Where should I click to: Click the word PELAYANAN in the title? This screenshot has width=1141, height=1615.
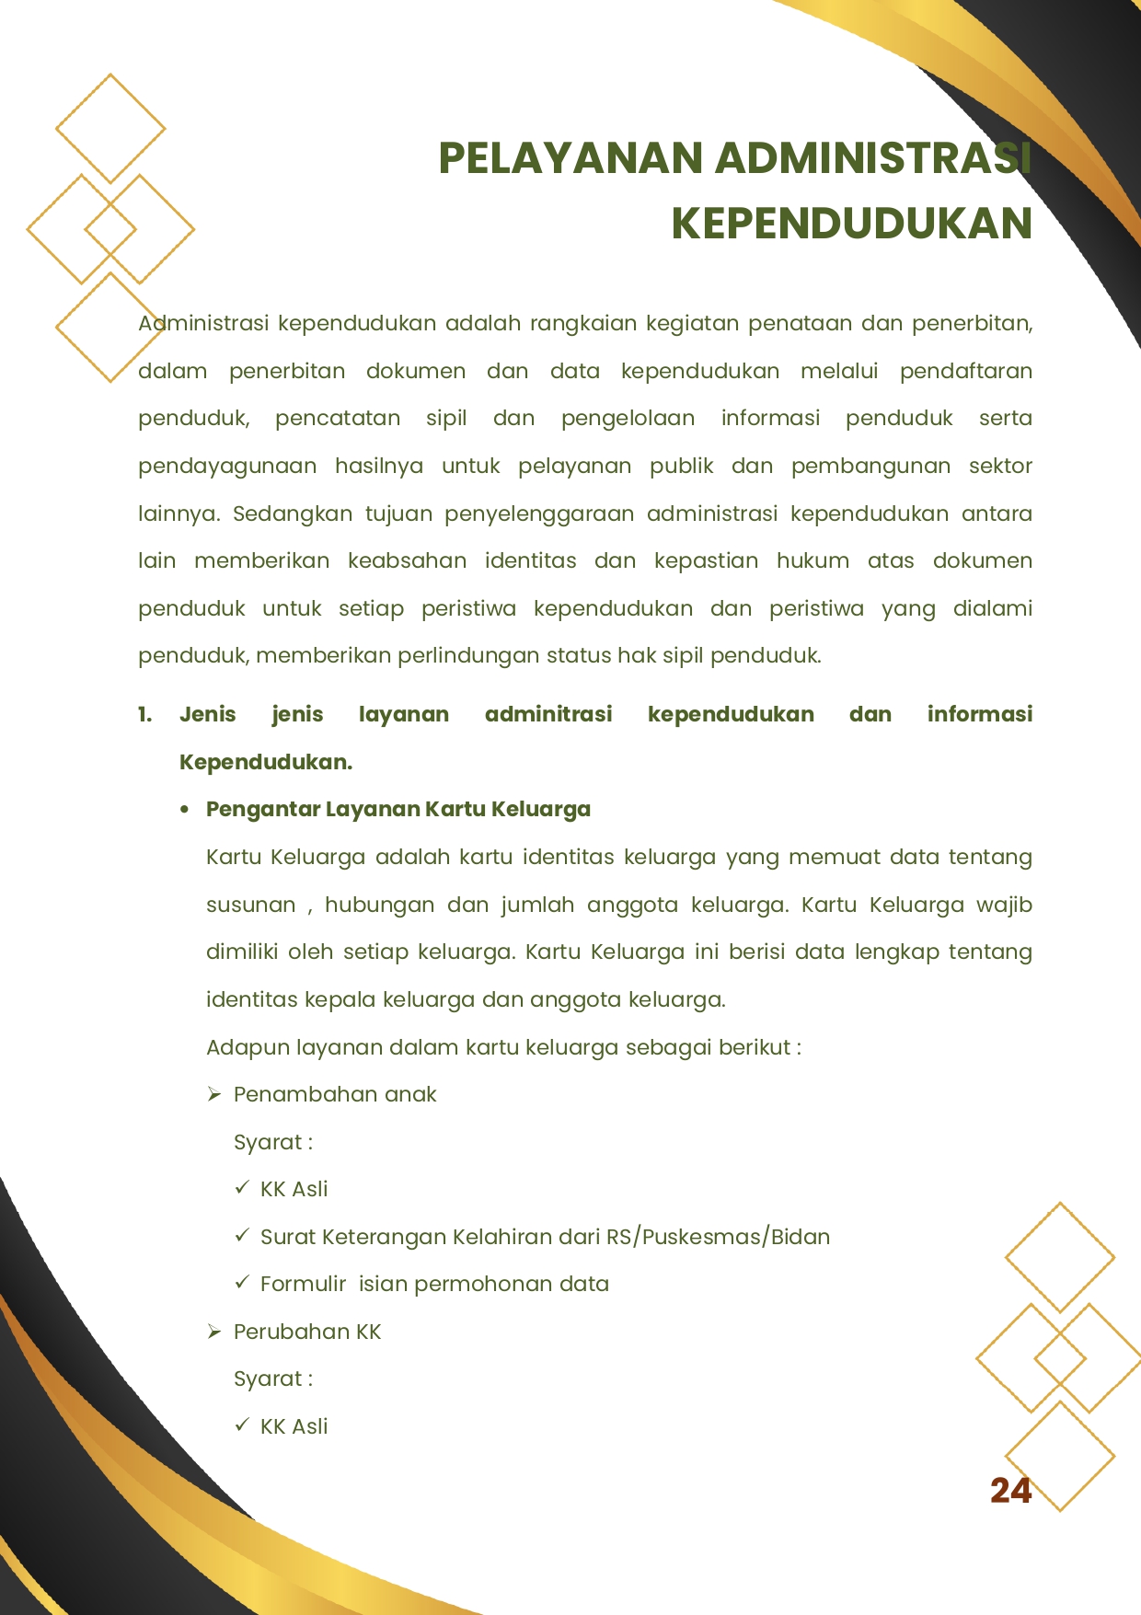570,158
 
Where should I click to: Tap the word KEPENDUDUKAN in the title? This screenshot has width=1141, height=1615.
851,224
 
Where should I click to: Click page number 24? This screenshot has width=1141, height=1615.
1010,1491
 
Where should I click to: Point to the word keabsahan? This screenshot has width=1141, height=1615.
407,561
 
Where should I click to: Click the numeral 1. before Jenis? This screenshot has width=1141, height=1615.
145,715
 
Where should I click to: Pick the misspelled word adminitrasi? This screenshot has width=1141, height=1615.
547,715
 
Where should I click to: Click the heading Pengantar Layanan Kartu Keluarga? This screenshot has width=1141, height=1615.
398,810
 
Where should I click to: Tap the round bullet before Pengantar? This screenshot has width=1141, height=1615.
185,810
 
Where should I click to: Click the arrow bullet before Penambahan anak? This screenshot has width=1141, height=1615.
214,1094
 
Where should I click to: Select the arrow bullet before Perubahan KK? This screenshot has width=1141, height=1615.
214,1332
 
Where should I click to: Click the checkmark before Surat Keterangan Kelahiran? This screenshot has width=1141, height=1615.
242,1235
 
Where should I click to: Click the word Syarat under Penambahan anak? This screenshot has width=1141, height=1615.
268,1143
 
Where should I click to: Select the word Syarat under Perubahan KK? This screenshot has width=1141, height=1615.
268,1379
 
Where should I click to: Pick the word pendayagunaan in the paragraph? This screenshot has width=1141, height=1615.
226,467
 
